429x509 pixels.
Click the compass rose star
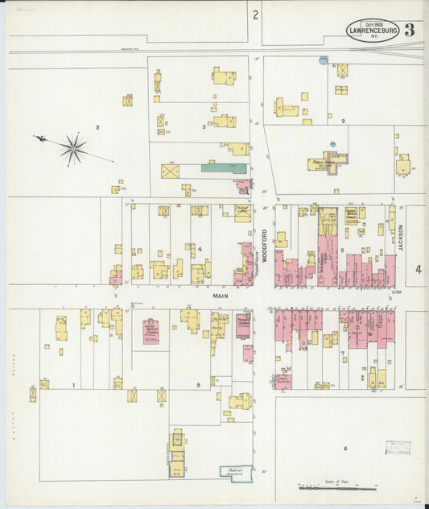[73, 148]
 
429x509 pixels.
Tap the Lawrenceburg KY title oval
[373, 31]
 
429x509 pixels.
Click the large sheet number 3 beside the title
[410, 31]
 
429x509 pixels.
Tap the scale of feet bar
[337, 487]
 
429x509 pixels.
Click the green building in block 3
[224, 168]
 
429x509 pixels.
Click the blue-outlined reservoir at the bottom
[236, 474]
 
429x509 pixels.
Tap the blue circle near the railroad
[324, 60]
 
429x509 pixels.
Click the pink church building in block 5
[151, 331]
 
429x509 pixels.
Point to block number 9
[343, 121]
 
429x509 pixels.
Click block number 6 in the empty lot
[345, 448]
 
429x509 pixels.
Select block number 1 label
[73, 386]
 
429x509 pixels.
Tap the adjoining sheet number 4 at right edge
[418, 270]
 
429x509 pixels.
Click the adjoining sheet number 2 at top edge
[255, 14]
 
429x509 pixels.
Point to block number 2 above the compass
[97, 127]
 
